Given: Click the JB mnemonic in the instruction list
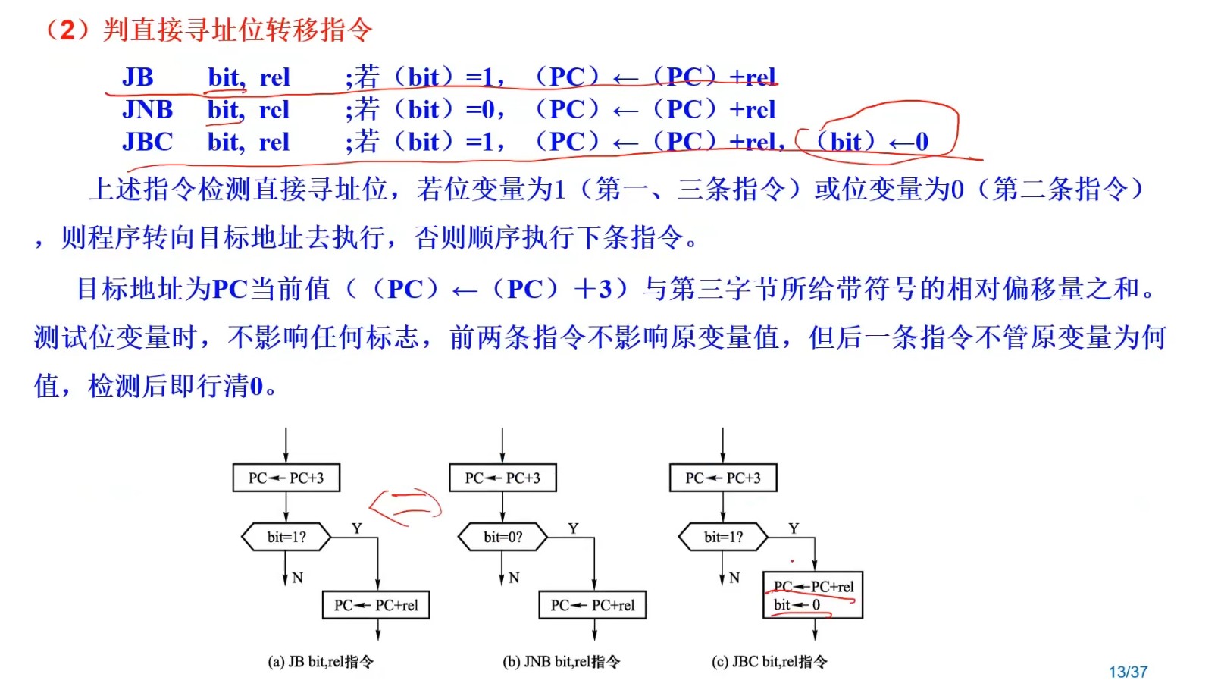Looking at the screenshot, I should (138, 77).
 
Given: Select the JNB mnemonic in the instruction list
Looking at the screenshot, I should (147, 110).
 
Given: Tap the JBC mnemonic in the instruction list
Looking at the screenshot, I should (147, 142).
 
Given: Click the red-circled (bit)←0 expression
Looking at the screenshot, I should (872, 141).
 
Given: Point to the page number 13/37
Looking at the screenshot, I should (1128, 672).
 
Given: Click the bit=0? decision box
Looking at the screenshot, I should (503, 537).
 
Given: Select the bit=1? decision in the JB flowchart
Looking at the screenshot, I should (286, 537).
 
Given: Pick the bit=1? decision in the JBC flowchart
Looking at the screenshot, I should (723, 537).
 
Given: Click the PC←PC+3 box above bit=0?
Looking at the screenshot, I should (502, 478).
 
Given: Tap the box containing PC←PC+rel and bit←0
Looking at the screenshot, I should (812, 595).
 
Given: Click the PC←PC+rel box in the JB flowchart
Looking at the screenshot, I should (376, 605).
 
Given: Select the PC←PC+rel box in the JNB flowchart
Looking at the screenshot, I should (593, 605).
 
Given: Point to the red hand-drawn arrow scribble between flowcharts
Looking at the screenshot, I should (405, 506).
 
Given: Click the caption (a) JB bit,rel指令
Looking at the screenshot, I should (321, 662).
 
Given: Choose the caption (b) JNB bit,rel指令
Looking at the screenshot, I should (561, 662).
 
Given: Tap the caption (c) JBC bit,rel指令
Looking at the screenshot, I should (769, 662).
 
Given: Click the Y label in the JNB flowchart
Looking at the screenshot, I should (573, 528).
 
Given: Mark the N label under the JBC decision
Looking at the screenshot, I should (734, 578).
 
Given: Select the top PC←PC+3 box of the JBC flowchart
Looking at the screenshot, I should (723, 478).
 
